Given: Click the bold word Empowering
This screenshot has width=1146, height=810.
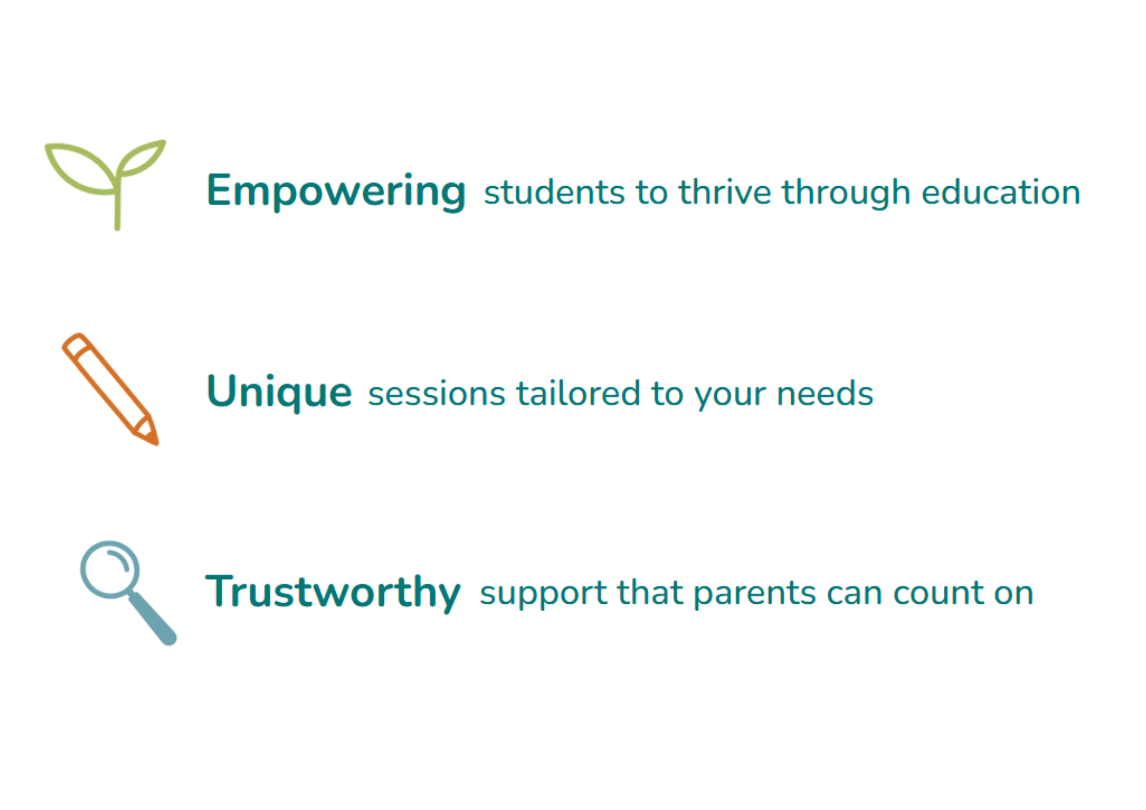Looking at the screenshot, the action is coord(336,192).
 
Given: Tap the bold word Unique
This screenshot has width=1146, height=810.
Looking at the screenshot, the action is coord(279,392).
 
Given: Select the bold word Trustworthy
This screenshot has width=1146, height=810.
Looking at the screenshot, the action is coord(333,592).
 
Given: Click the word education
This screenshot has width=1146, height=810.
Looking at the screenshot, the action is coord(1001,192).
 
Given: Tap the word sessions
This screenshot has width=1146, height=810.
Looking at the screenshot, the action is coord(437,395).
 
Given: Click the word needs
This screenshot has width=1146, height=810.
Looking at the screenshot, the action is coord(825,394).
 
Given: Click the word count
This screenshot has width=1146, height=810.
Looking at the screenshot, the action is coord(937,593).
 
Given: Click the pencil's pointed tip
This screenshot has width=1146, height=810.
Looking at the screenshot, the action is coord(156,442).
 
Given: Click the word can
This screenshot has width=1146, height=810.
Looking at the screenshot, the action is coord(854,595).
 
